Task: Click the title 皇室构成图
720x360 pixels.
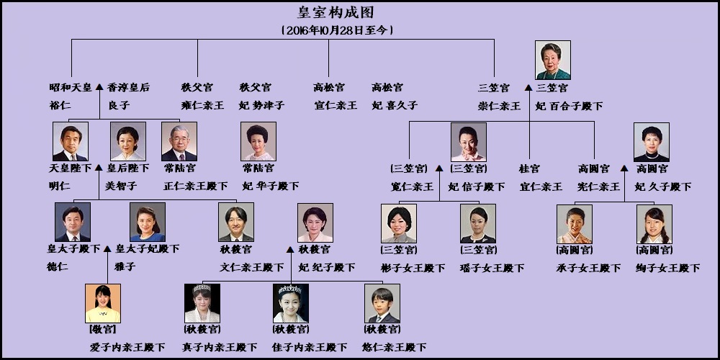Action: pyautogui.click(x=336, y=12)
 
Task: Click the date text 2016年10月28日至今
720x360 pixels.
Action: pyautogui.click(x=337, y=30)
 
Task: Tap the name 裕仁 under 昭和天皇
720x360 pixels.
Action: pyautogui.click(x=60, y=105)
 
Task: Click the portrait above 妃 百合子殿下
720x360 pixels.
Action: pyautogui.click(x=553, y=60)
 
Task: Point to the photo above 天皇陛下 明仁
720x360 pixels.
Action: pyautogui.click(x=71, y=141)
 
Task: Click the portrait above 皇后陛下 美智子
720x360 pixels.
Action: pyautogui.click(x=128, y=141)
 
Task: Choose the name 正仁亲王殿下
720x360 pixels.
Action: pyautogui.click(x=196, y=186)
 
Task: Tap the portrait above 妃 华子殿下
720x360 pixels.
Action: pyautogui.click(x=258, y=141)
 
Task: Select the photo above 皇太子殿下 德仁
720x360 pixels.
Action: pyautogui.click(x=73, y=222)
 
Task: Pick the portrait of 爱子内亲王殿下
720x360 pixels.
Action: pyautogui.click(x=103, y=303)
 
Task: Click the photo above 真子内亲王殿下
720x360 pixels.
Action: pyautogui.click(x=202, y=303)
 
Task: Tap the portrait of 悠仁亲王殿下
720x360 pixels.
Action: pyautogui.click(x=382, y=303)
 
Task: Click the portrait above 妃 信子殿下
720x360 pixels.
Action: pyautogui.click(x=469, y=141)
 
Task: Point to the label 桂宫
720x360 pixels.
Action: pyautogui.click(x=530, y=168)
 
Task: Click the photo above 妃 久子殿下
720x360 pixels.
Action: pyautogui.click(x=652, y=141)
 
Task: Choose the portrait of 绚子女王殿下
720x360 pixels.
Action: pyautogui.click(x=654, y=223)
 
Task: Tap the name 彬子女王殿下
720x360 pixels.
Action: pyautogui.click(x=413, y=268)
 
